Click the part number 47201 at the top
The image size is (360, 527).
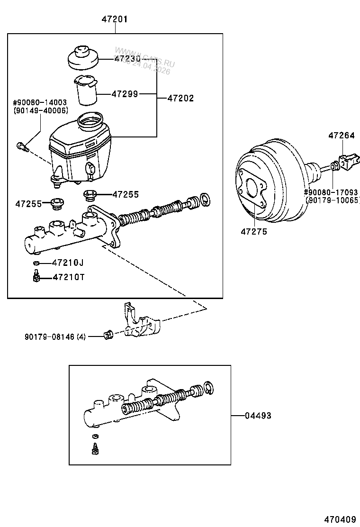(115, 19)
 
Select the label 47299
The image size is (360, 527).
(125, 94)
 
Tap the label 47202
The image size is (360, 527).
(180, 99)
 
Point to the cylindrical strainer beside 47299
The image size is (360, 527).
(86, 91)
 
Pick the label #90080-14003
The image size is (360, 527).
(40, 102)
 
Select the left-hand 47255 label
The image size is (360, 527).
(29, 204)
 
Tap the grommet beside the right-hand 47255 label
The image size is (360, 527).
(90, 195)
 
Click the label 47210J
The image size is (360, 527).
(68, 263)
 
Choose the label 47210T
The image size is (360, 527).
(68, 277)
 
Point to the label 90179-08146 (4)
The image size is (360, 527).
(55, 337)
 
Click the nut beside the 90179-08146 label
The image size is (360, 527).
(108, 336)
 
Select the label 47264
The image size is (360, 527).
(341, 136)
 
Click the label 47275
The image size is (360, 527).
(253, 232)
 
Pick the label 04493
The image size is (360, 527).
(258, 416)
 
